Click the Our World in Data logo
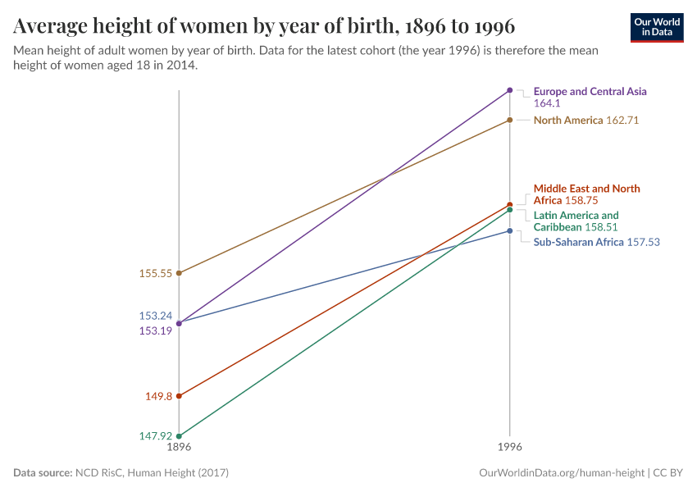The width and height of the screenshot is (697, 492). [656, 27]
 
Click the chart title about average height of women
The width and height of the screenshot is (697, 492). [264, 26]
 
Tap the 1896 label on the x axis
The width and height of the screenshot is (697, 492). [179, 448]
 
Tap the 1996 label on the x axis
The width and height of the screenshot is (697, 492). [510, 448]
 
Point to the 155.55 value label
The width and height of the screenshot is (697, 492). [156, 274]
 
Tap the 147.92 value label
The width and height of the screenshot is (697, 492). [156, 436]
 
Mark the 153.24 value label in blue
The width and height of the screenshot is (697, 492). [156, 316]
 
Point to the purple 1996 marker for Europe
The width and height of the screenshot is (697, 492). [510, 90]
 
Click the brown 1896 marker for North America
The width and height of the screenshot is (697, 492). [179, 273]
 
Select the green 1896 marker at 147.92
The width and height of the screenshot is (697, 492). [179, 436]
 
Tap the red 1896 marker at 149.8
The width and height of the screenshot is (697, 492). [179, 396]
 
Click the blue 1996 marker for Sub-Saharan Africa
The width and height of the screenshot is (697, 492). [510, 231]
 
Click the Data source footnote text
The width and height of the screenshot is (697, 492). [121, 473]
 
